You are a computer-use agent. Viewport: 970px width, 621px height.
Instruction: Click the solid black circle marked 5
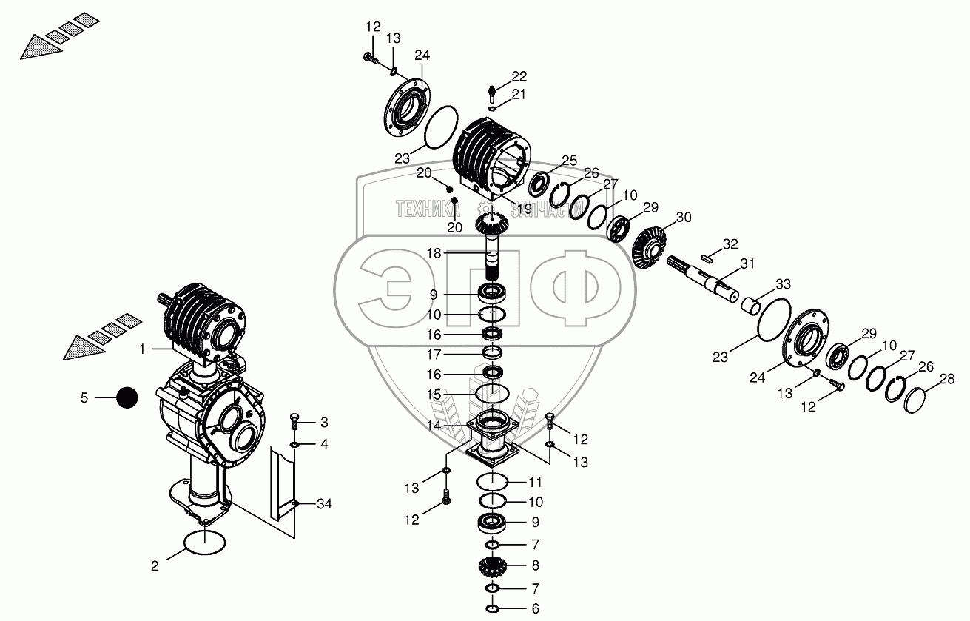click(127, 398)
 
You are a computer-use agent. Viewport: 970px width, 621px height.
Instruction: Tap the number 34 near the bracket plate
click(323, 505)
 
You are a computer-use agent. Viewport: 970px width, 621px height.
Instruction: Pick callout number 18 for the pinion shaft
click(434, 253)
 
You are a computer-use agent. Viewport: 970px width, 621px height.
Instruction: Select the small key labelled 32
click(707, 258)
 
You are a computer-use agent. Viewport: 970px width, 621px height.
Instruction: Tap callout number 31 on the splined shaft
click(748, 263)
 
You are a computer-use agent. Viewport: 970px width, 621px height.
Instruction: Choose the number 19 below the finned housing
click(524, 209)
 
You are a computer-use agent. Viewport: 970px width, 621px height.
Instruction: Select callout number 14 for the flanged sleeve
click(434, 426)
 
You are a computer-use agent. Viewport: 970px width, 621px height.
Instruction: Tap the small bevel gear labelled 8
click(493, 568)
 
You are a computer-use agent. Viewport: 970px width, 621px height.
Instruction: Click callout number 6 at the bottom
click(536, 609)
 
